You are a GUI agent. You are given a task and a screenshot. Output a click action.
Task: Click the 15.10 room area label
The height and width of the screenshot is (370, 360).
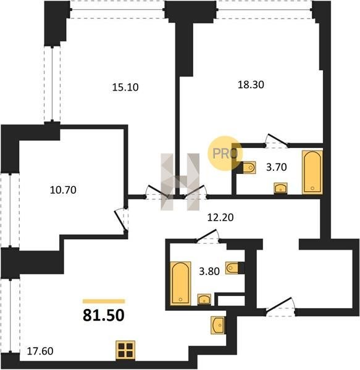[x=125, y=88]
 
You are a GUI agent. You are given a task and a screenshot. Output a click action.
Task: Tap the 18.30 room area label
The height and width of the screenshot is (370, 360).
[x=251, y=84]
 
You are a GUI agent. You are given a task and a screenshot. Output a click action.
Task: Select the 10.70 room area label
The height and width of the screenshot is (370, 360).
[x=63, y=190]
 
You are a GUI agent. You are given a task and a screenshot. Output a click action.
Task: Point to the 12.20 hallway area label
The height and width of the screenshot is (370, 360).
[x=220, y=217]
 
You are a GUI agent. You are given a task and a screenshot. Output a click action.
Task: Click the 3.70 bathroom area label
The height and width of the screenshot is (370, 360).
[x=277, y=167]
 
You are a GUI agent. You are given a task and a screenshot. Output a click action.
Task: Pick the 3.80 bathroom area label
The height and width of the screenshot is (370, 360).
[x=209, y=271]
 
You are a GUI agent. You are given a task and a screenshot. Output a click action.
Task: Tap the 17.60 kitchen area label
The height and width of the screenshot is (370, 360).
[x=40, y=351]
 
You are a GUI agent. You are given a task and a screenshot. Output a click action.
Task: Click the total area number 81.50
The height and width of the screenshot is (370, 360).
[x=104, y=315]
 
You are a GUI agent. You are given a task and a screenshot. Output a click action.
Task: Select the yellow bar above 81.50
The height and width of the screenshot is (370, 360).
[x=104, y=301]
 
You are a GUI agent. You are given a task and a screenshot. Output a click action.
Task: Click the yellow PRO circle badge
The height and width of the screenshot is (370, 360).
[x=225, y=153]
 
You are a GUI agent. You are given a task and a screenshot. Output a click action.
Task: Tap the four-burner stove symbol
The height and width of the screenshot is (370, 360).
[x=125, y=350]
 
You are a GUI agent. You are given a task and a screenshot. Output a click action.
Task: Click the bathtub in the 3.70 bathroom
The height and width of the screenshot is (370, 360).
[x=312, y=172]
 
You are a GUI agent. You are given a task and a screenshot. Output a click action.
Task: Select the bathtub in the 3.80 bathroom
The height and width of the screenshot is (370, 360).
[x=180, y=284]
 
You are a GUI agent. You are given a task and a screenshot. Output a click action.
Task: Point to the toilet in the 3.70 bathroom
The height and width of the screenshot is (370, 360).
[x=249, y=168]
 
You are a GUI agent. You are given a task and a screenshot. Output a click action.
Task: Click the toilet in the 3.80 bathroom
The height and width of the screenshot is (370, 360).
[x=232, y=268]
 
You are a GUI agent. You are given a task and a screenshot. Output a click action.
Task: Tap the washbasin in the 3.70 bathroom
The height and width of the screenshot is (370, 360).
[x=280, y=188]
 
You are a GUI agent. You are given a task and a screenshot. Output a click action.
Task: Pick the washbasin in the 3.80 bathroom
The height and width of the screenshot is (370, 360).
[x=204, y=300]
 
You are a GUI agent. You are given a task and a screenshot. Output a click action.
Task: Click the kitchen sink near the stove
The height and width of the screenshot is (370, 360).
[x=218, y=325]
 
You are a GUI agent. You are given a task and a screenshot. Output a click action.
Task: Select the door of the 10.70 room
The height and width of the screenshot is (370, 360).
[x=121, y=220]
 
